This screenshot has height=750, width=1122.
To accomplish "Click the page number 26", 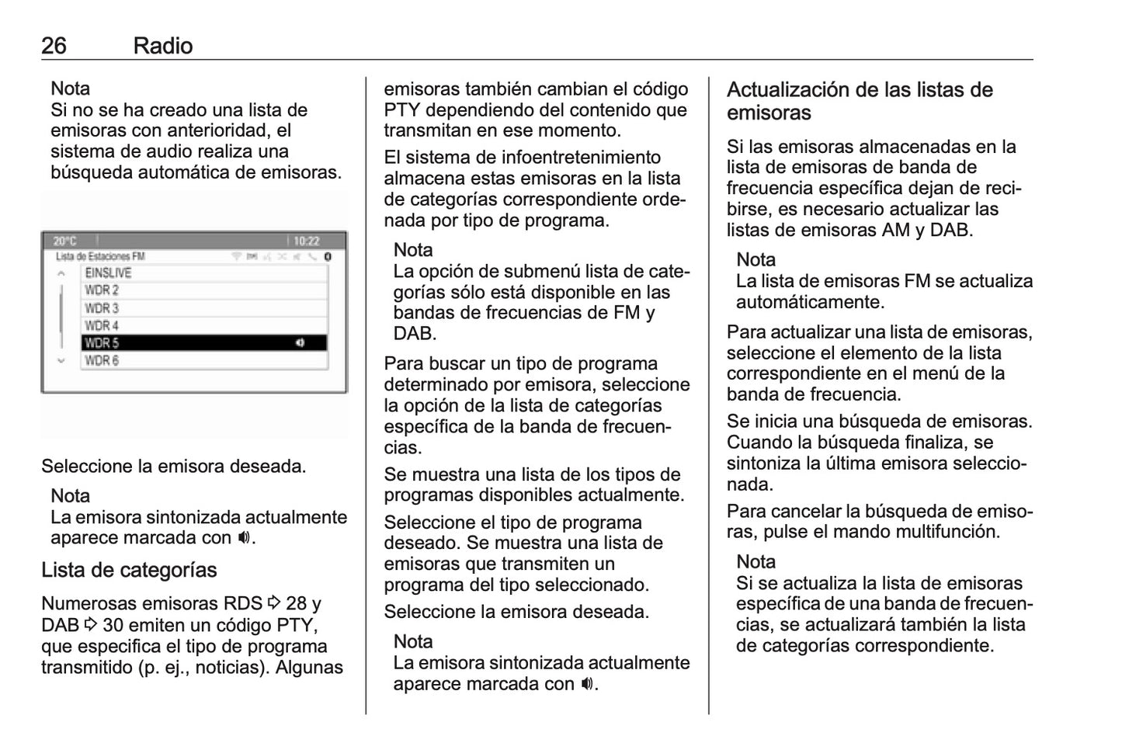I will [x=54, y=46].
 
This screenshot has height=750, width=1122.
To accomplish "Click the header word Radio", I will [x=162, y=46].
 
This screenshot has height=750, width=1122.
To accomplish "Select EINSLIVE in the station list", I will [x=108, y=273].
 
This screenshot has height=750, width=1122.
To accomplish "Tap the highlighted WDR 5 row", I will [x=203, y=343].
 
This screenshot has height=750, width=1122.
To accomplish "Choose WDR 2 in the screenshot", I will [x=102, y=290].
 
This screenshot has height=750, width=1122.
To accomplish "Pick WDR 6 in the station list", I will [x=102, y=361].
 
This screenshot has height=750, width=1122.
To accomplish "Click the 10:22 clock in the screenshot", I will [x=307, y=241].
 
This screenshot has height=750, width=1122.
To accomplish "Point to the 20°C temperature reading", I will [x=65, y=241].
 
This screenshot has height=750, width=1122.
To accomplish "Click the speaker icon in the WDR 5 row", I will [x=300, y=343].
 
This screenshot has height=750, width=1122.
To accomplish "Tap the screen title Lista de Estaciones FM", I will [x=100, y=256].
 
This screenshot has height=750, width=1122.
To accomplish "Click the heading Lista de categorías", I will [x=129, y=570].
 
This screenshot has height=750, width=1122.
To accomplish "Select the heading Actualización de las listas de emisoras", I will [x=860, y=101].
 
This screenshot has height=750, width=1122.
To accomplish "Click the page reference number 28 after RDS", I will [x=296, y=604].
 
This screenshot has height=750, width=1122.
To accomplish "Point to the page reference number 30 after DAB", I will [x=113, y=626].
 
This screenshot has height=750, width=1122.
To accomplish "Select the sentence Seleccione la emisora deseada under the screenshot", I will [x=173, y=467].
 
